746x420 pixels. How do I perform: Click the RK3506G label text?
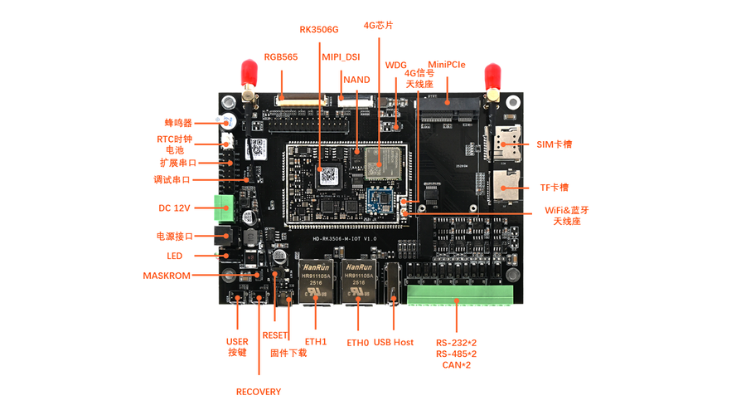tap(319, 30)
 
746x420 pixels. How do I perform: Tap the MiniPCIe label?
tap(446, 65)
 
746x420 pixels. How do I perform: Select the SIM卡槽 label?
tap(554, 144)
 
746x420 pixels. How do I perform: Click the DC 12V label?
tap(174, 208)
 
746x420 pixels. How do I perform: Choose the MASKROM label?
tap(167, 276)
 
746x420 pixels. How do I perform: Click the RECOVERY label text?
tap(259, 392)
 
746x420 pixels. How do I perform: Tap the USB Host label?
tap(393, 342)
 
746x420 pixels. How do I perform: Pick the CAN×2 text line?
tap(456, 365)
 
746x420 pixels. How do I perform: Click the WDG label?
tap(396, 65)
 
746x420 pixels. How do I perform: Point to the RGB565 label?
tap(281, 57)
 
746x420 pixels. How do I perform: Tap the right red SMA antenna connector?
tap(492, 76)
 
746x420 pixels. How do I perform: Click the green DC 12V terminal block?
tap(225, 208)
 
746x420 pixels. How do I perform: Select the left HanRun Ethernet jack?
tap(315, 281)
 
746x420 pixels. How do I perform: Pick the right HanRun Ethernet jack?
tap(359, 281)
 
